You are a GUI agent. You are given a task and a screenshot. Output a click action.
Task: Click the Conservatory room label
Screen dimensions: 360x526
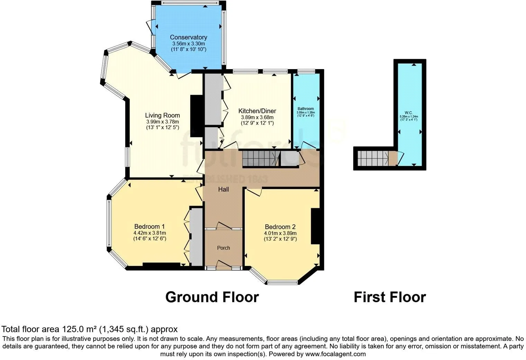click(x=188, y=37)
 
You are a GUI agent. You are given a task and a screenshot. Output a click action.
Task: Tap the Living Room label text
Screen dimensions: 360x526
click(x=162, y=116)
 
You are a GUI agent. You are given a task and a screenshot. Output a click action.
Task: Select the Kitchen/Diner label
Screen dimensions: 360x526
click(x=257, y=111)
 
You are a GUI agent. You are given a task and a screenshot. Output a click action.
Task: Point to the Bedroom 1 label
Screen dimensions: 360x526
click(x=149, y=227)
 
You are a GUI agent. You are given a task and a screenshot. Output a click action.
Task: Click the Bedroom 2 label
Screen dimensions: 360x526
click(x=280, y=227)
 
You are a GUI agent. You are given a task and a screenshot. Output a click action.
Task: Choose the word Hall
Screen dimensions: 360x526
click(x=223, y=190)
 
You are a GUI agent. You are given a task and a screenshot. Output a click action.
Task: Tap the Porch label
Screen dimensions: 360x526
click(x=223, y=248)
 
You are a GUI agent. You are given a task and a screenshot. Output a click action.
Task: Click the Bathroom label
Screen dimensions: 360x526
click(x=306, y=109)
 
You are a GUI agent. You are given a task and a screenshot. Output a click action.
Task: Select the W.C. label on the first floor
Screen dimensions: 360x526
click(x=408, y=113)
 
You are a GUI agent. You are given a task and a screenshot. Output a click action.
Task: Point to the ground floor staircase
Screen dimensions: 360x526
click(x=260, y=158)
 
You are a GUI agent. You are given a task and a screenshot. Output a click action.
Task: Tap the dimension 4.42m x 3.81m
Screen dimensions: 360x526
click(x=149, y=233)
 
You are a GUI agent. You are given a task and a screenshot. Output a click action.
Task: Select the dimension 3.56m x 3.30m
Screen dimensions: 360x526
click(x=188, y=44)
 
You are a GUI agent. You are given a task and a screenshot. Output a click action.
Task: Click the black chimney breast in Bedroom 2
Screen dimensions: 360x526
click(x=315, y=227)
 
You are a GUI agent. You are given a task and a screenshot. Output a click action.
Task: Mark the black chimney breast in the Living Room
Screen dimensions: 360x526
click(x=196, y=119)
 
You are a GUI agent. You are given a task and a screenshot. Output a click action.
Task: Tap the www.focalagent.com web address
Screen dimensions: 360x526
click(x=336, y=354)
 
